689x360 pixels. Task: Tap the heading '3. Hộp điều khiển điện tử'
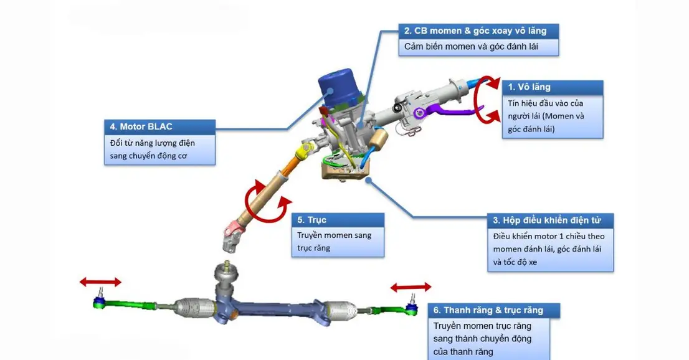[x=551, y=220]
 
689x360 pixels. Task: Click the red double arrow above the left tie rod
[x=100, y=283]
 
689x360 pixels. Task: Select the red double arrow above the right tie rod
[x=411, y=287]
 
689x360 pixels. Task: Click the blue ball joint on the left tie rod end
[x=98, y=303]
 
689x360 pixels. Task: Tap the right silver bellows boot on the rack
[x=340, y=309]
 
